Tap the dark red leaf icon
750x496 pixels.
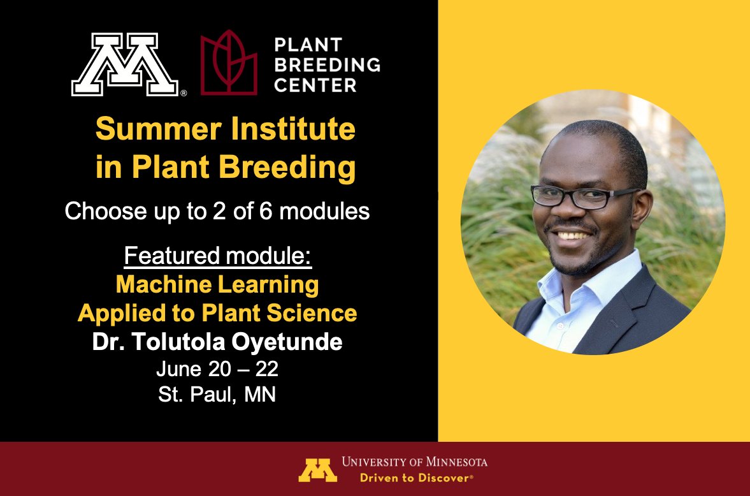pos(229,64)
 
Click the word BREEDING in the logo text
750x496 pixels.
pos(327,64)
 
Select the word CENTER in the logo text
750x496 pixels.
pos(315,84)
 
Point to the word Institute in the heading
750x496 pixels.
pos(289,129)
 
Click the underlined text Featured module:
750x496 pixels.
pos(217,256)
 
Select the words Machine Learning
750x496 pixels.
pos(217,284)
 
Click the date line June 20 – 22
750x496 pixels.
pos(217,368)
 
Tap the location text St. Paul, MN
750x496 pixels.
pos(217,395)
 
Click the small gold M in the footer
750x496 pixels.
pos(317,469)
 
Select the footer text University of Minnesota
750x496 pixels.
pos(414,462)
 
